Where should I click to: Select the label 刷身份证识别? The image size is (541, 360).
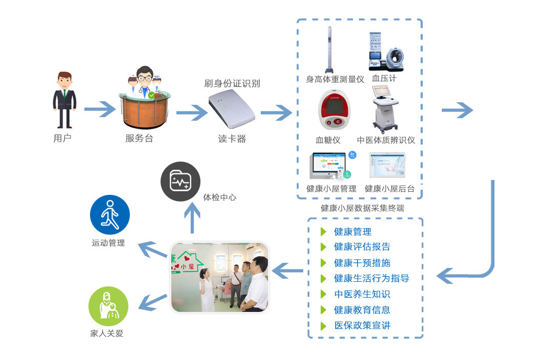[x=232, y=83]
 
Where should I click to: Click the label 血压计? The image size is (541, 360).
[x=384, y=79]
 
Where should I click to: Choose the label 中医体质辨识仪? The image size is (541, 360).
[x=386, y=140]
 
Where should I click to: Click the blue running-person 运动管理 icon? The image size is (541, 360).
[x=109, y=214]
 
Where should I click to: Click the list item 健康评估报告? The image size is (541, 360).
[x=362, y=247]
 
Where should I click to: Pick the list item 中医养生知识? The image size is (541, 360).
[x=362, y=294]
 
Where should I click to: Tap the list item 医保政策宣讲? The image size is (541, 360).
[x=362, y=325]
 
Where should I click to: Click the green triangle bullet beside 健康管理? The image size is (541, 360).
[x=323, y=232]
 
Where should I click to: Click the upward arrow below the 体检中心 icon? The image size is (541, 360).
[x=192, y=217]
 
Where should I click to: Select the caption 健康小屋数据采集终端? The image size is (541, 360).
[x=362, y=208]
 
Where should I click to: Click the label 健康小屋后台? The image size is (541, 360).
[x=389, y=189]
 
